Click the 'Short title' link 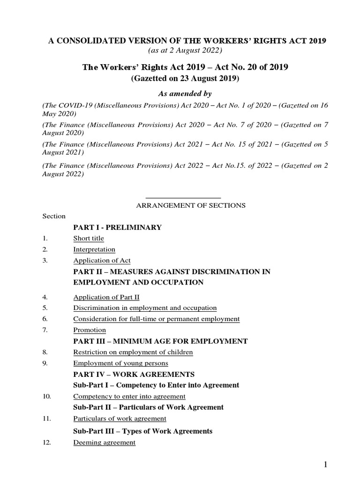(89, 238)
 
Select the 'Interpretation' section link (94, 249)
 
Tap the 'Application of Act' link (102, 260)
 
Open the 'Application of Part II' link (106, 297)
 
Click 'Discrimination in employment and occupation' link (145, 308)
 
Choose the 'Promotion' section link (90, 330)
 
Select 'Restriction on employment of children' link (133, 352)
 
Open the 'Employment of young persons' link (120, 363)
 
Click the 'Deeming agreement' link (105, 442)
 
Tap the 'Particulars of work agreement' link (120, 419)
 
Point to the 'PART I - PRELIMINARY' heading (118, 227)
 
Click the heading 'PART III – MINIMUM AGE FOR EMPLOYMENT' (160, 341)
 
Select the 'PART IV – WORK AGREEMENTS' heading (134, 375)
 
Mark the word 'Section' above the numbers (54, 216)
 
